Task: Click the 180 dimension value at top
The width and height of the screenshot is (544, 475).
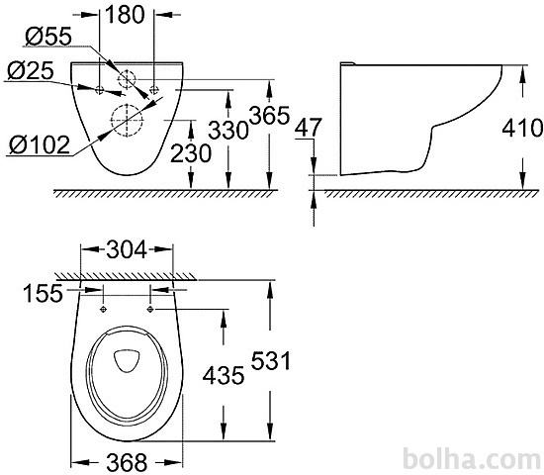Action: (x=125, y=15)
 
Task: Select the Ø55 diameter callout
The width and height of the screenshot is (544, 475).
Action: (x=48, y=36)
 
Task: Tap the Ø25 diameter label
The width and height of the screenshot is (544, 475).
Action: (x=31, y=70)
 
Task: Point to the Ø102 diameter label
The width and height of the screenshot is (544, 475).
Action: (x=40, y=144)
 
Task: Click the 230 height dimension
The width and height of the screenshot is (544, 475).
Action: (x=191, y=153)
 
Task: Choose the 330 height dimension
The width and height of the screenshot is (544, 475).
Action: (x=228, y=131)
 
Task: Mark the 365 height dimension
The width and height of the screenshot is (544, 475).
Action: (x=269, y=115)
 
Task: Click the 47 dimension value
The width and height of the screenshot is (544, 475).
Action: (x=308, y=127)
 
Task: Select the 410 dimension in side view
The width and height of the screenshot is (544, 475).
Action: (x=522, y=128)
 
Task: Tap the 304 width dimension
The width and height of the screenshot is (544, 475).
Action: (x=127, y=249)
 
